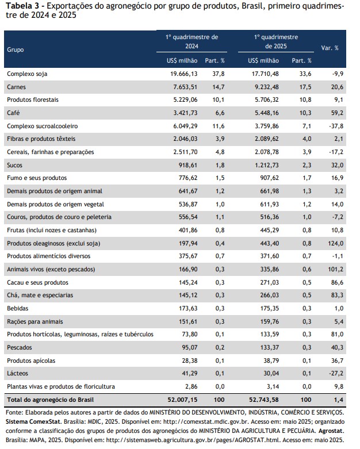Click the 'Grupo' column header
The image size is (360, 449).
[x=16, y=49]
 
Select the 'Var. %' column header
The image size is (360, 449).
[x=330, y=48]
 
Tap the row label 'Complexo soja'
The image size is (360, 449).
[x=27, y=74]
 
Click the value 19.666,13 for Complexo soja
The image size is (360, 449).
[x=184, y=74]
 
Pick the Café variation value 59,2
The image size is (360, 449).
[x=338, y=113]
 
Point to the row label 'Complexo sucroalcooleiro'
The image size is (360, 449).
[x=43, y=126]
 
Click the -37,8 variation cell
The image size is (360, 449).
[x=336, y=126]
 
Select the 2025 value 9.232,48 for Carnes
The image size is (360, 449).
[x=267, y=87]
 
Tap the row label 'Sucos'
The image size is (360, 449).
[x=14, y=165]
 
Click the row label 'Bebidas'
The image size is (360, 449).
[x=18, y=308]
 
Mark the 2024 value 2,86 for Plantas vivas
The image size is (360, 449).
[x=192, y=386]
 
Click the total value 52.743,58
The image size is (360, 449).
[x=264, y=400]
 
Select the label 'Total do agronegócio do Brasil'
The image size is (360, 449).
[x=51, y=400]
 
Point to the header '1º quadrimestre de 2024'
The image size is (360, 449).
[x=192, y=41]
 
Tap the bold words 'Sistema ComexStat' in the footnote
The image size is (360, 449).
[x=33, y=422]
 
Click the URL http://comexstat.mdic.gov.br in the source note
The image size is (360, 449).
[x=208, y=422]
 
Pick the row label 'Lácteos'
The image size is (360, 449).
[x=18, y=374]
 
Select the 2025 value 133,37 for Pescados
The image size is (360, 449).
[x=269, y=347]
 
